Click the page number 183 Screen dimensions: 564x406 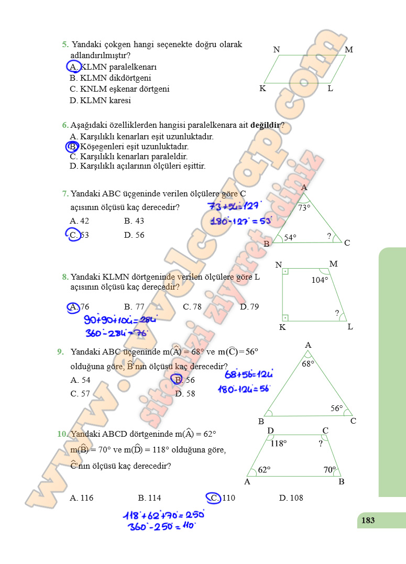[x=368, y=520]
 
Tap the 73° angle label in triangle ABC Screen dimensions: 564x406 [x=304, y=208]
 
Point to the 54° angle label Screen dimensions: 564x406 [x=290, y=238]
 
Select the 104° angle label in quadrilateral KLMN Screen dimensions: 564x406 [x=320, y=280]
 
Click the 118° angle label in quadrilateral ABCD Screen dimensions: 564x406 [x=279, y=444]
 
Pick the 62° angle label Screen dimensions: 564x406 [x=264, y=470]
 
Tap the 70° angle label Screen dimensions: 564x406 [x=330, y=470]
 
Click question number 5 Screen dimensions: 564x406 [x=65, y=45]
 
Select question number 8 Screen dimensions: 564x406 [x=65, y=277]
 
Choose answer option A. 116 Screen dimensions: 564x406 [x=82, y=498]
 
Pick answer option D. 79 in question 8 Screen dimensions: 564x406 [x=249, y=307]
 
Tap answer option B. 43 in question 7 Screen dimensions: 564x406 [x=134, y=221]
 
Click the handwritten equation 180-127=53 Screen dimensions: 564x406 [x=241, y=221]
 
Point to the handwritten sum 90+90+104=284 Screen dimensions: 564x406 [x=120, y=320]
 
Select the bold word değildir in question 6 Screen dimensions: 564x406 [x=265, y=125]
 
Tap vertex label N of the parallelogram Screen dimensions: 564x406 [x=277, y=50]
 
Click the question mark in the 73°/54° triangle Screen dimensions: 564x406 [x=329, y=236]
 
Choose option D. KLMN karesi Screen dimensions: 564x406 [x=100, y=101]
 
